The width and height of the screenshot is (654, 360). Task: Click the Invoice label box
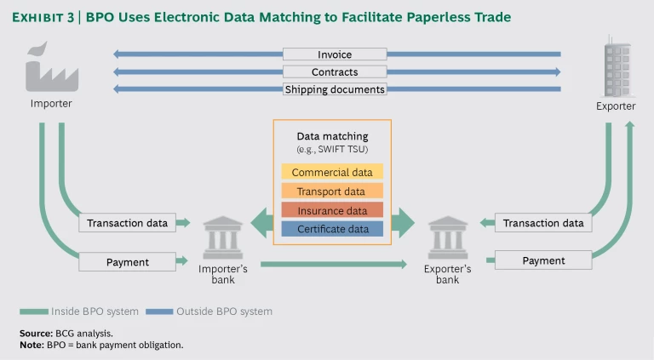(x=335, y=55)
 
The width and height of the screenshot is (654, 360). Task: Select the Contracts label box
(x=335, y=72)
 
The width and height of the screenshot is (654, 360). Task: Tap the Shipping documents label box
(x=335, y=89)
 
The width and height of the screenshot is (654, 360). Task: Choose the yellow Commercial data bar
(x=331, y=172)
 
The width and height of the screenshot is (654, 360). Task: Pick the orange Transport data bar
(x=331, y=191)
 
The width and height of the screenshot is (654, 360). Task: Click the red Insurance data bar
(x=331, y=209)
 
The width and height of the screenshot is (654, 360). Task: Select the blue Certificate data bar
(x=331, y=228)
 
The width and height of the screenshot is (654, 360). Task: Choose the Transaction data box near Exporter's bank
(x=543, y=223)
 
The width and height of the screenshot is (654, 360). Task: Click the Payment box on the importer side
(x=128, y=262)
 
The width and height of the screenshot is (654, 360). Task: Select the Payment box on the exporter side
(x=543, y=260)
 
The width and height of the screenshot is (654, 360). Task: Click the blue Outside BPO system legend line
(x=159, y=311)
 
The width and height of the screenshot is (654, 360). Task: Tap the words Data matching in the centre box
(x=332, y=136)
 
